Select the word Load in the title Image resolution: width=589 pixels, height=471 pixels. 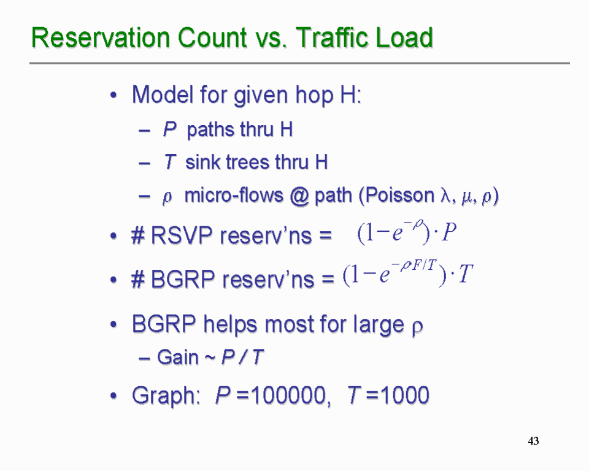click(x=404, y=37)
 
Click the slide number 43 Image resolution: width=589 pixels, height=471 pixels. click(x=533, y=440)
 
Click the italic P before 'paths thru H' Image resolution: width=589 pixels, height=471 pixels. click(x=169, y=129)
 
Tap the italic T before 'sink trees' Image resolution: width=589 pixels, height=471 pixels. click(x=170, y=162)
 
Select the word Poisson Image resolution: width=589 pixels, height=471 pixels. click(x=399, y=195)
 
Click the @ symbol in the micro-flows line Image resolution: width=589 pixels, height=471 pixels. click(x=299, y=196)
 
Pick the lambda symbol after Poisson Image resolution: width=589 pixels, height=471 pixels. click(x=446, y=196)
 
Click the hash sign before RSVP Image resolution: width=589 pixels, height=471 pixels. click(x=138, y=236)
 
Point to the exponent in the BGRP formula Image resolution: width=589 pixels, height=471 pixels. click(x=414, y=266)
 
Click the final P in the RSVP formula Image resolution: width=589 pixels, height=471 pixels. click(x=449, y=232)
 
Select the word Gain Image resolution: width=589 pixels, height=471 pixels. click(x=178, y=357)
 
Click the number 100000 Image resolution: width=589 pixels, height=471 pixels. click(x=288, y=395)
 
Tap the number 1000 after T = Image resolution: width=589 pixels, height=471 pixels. click(x=405, y=395)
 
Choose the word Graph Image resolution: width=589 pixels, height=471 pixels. click(x=166, y=396)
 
